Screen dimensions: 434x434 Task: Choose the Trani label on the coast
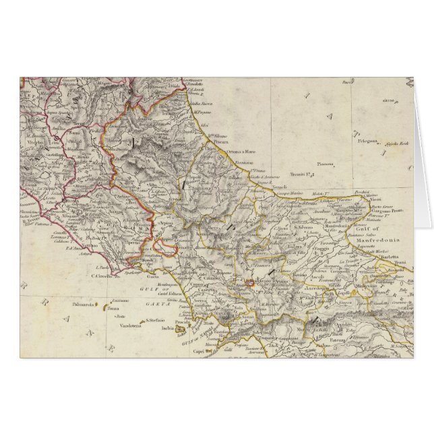coord(404,263)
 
